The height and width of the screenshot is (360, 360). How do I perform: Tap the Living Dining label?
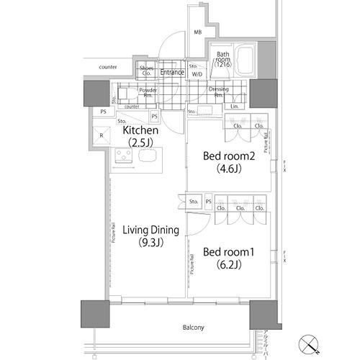150,230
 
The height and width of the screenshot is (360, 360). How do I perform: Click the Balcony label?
192,328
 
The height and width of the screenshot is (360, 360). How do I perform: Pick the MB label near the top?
197,32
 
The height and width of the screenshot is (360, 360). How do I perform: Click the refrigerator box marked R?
100,135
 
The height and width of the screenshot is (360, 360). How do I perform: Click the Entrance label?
172,72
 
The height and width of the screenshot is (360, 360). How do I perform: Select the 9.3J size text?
150,242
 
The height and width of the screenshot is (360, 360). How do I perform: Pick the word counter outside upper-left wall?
109,67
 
